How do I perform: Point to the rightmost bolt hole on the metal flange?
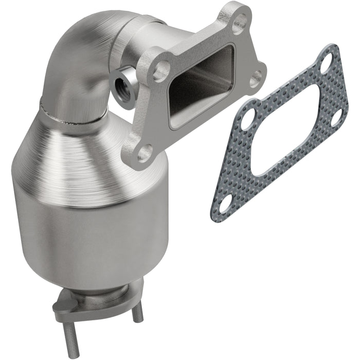pyautogui.click(x=256, y=80)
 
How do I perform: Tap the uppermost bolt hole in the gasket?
pyautogui.click(x=327, y=65)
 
